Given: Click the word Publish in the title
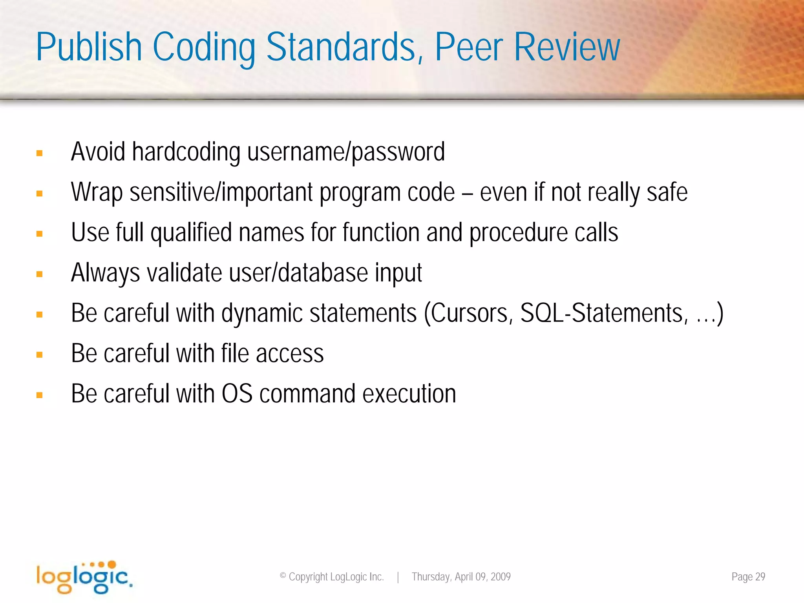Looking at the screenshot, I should point(89,48).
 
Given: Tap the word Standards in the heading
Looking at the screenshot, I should point(341,48).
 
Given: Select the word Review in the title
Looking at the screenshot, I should point(566,48).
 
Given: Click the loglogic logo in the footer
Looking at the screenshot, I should point(84,577).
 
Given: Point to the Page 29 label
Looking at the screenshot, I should point(748,577).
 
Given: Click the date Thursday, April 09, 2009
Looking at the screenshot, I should point(461,577).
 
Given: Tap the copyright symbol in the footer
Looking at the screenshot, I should point(283,576).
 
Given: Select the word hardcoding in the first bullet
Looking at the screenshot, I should point(186,152).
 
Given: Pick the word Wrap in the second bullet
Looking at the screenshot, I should point(97,192).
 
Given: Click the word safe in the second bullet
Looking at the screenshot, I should point(667,192).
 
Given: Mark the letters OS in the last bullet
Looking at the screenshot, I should point(237,394).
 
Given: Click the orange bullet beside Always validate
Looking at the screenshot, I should point(39,274).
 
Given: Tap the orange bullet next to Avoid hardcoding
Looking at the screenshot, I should point(39,153).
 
